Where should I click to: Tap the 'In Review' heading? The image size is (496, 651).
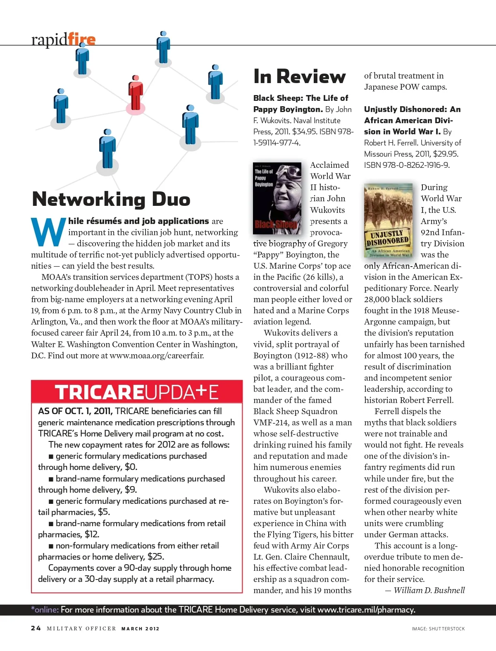pyautogui.click(x=299, y=76)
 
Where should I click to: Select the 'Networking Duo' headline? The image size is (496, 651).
pyautogui.click(x=111, y=199)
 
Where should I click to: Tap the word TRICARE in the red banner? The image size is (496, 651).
pyautogui.click(x=99, y=392)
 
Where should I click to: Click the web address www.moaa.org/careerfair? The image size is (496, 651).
pyautogui.click(x=157, y=355)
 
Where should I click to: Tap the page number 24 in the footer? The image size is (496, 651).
pyautogui.click(x=36, y=628)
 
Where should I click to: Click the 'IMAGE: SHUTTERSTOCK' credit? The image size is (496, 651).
pyautogui.click(x=438, y=629)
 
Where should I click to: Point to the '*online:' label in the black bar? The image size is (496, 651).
pyautogui.click(x=45, y=610)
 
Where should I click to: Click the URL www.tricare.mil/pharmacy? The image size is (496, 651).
pyautogui.click(x=365, y=610)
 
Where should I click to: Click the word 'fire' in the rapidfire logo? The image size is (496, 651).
pyautogui.click(x=81, y=39)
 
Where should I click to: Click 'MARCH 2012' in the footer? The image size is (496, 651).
pyautogui.click(x=140, y=629)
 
